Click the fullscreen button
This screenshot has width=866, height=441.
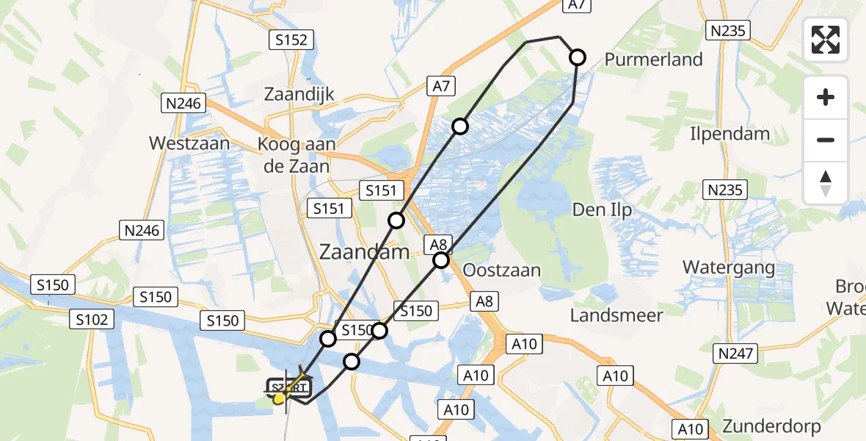pyautogui.click(x=826, y=40)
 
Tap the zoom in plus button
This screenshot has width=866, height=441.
pyautogui.click(x=826, y=97)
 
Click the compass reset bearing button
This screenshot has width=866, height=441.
pyautogui.click(x=826, y=183)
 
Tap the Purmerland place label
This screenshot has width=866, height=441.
pyautogui.click(x=653, y=60)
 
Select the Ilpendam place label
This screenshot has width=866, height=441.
pyautogui.click(x=729, y=134)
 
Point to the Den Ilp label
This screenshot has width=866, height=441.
pyautogui.click(x=602, y=210)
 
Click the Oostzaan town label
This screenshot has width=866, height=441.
pyautogui.click(x=502, y=270)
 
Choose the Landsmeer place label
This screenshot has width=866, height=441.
pyautogui.click(x=616, y=315)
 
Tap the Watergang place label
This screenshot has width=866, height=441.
pyautogui.click(x=729, y=267)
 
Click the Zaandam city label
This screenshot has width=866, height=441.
pyautogui.click(x=364, y=252)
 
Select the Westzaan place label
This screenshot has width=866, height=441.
pyautogui.click(x=189, y=143)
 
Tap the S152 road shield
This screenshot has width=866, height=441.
pyautogui.click(x=291, y=40)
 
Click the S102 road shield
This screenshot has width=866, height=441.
pyautogui.click(x=92, y=319)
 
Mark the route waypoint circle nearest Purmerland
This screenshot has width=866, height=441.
pyautogui.click(x=578, y=57)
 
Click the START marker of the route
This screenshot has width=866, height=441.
pyautogui.click(x=289, y=387)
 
